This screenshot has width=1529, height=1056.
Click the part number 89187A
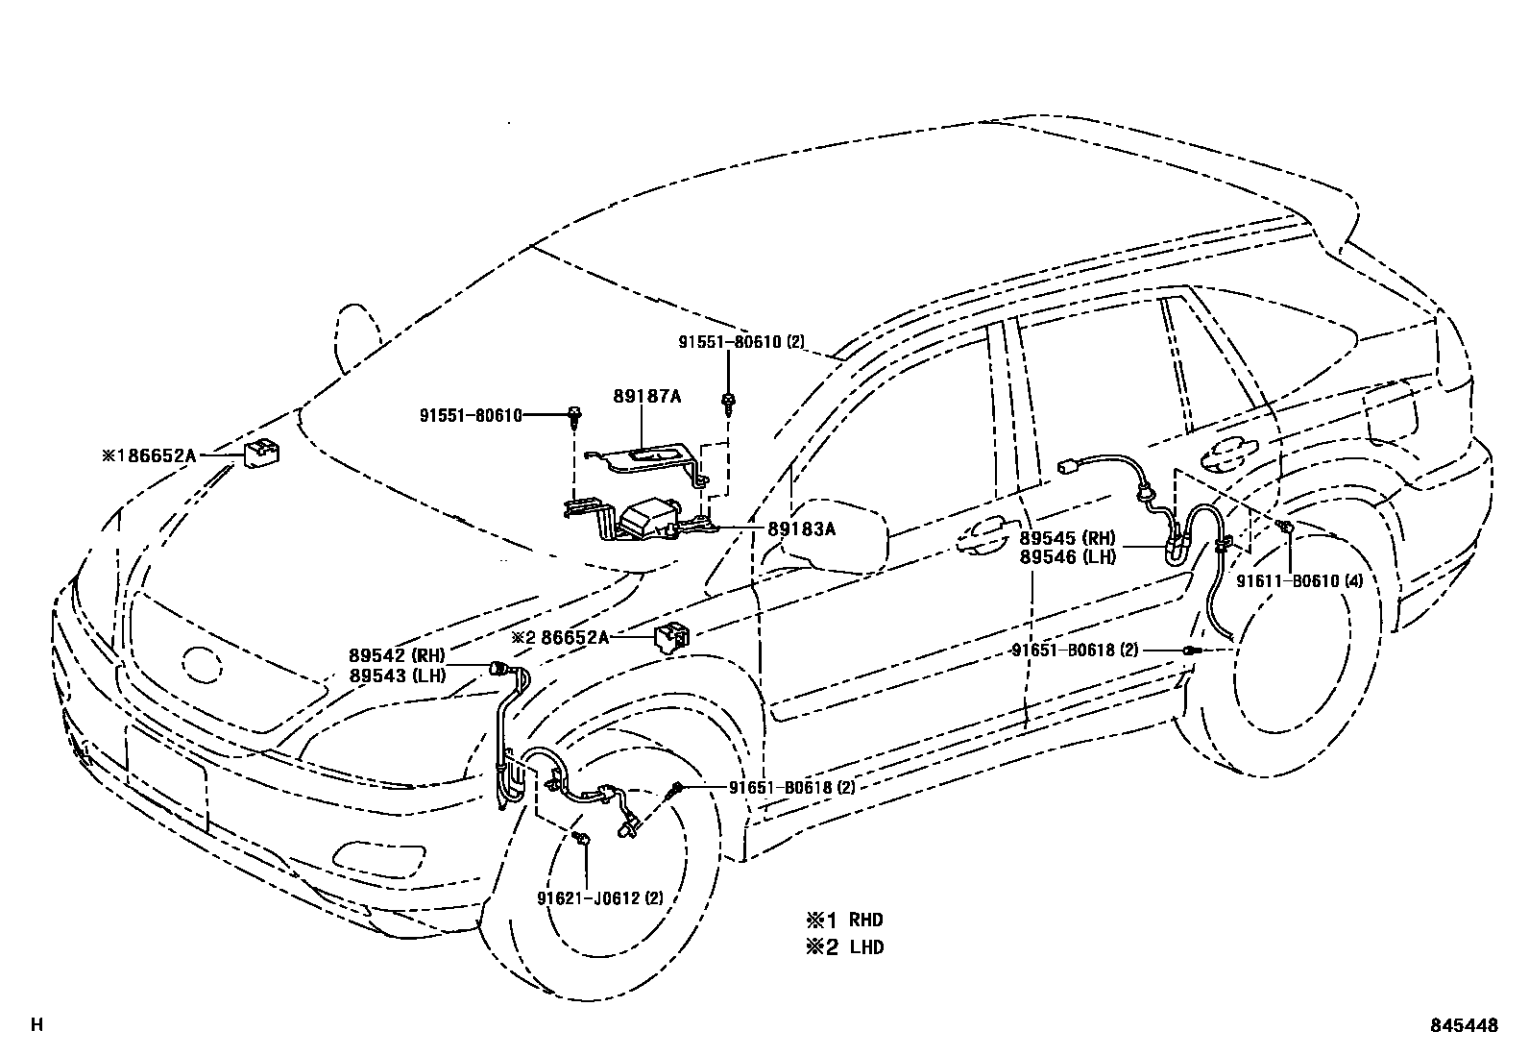647,397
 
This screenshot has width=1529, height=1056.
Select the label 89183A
801,528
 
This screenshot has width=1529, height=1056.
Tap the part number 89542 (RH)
398,655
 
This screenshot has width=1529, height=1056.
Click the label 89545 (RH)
1067,538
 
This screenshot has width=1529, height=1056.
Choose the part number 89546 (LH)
1067,556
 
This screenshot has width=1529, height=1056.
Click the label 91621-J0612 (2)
600,898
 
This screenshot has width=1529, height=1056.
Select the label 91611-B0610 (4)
1298,581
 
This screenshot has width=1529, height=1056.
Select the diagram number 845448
1463,1025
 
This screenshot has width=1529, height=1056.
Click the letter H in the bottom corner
36,1025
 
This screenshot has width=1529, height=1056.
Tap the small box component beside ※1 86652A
262,453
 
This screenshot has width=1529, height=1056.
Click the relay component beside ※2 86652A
671,636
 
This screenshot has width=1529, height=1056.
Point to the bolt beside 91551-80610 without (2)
574,415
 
